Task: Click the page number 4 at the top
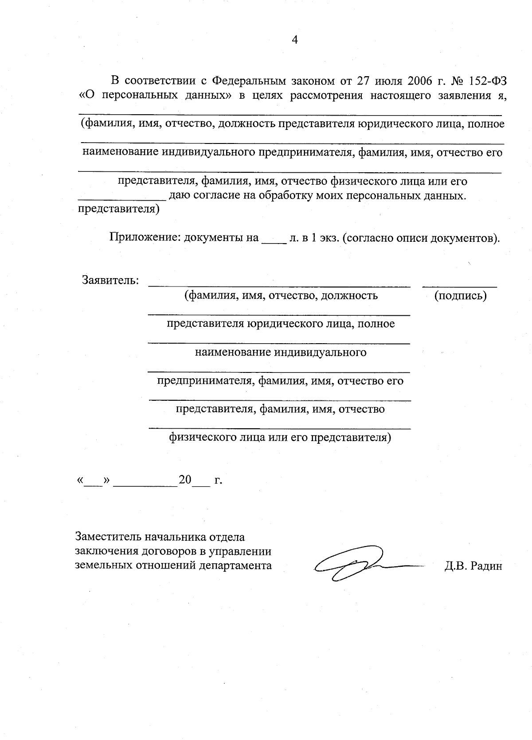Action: pos(295,40)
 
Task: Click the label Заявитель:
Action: pos(110,280)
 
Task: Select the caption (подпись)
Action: pos(460,296)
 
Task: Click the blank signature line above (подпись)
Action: pos(459,286)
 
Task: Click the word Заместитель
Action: pos(107,537)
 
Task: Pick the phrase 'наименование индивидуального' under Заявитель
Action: pos(281,353)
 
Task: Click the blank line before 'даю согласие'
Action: pos(122,199)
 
